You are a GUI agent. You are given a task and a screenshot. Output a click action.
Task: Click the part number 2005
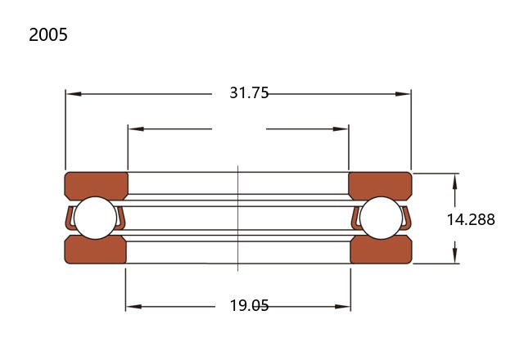[48, 34]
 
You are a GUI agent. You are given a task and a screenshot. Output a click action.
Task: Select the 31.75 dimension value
[249, 92]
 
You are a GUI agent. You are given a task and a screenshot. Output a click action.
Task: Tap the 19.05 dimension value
[249, 305]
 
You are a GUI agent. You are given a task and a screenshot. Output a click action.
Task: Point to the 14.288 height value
[471, 219]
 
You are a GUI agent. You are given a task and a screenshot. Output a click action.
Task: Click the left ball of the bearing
[95, 218]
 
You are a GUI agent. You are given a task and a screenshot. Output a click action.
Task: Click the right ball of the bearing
[382, 218]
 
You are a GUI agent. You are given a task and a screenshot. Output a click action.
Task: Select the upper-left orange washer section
[97, 185]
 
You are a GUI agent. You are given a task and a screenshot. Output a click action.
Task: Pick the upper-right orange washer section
[380, 185]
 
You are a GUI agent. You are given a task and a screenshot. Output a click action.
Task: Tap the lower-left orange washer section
[95, 250]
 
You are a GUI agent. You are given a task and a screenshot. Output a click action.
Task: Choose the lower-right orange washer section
[382, 250]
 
